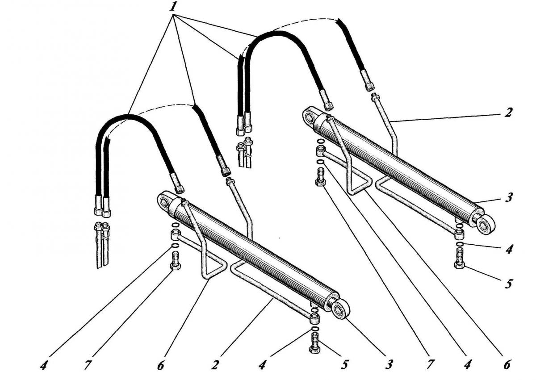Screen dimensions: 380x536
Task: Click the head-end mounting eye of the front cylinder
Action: click(166, 202)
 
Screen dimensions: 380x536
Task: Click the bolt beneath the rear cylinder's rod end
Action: click(459, 259)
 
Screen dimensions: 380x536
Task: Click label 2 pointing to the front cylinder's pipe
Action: click(215, 365)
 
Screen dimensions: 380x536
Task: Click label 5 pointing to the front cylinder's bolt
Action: click(344, 365)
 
